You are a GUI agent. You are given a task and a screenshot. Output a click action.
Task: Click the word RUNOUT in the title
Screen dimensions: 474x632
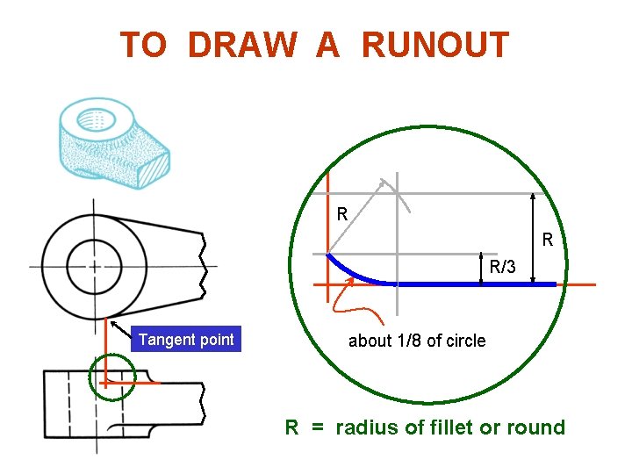(x=434, y=45)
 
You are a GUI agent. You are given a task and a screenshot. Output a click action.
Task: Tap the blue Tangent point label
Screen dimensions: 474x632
(x=186, y=340)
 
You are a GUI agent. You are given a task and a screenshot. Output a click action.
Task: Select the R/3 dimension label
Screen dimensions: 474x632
(x=503, y=267)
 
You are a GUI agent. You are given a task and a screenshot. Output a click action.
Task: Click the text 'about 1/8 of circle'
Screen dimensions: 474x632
(x=417, y=341)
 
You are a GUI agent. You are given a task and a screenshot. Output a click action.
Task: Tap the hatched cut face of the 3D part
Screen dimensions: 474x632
(x=157, y=166)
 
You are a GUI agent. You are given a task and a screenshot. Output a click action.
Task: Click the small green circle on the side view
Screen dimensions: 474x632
(x=112, y=378)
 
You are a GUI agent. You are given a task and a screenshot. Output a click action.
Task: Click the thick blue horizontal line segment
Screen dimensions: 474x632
(x=474, y=284)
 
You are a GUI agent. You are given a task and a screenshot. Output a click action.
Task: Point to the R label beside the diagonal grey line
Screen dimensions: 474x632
(x=342, y=213)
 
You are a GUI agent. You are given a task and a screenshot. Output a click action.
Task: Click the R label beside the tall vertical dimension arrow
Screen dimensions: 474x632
(x=547, y=239)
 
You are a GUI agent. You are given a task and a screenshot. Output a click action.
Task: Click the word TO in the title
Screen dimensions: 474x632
(x=143, y=45)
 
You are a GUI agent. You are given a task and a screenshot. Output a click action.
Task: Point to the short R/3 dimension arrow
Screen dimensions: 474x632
(x=483, y=269)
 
